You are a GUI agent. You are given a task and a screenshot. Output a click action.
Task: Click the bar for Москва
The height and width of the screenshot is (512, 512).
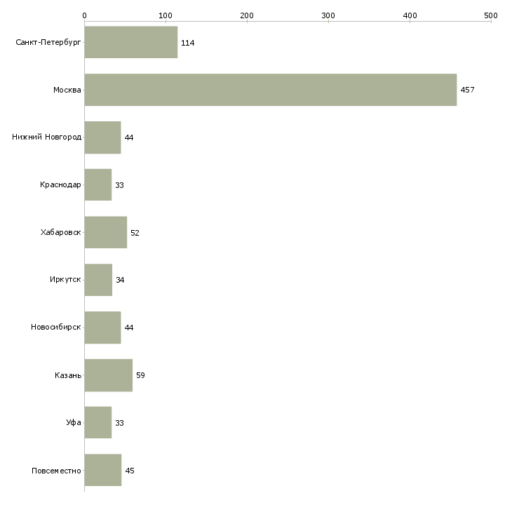pos(270,90)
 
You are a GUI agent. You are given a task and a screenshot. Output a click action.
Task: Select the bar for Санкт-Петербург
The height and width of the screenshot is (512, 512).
pos(130,43)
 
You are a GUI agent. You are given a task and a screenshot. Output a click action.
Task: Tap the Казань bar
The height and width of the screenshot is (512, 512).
pos(108,375)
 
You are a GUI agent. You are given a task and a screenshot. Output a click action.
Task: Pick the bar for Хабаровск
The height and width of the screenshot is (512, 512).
pos(105,232)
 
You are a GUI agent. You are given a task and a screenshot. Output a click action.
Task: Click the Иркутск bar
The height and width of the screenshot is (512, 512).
pos(98,280)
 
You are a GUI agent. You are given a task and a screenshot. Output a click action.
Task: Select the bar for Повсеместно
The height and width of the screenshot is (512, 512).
pos(102,470)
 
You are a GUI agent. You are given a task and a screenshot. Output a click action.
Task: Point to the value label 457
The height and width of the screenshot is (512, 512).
pos(467,90)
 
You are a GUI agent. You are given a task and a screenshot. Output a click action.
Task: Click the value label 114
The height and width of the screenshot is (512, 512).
pos(187,43)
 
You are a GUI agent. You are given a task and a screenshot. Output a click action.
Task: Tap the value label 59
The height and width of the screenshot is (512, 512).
pos(140,376)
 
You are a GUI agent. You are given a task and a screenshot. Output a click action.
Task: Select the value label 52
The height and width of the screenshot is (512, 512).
pos(135,233)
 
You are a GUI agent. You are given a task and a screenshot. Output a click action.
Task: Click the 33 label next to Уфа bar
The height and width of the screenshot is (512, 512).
pos(119,424)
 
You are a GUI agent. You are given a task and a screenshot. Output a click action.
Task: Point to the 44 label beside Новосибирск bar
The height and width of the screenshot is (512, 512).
pos(128,328)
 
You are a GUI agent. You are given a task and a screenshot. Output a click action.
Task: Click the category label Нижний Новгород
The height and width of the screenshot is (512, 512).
pos(46,137)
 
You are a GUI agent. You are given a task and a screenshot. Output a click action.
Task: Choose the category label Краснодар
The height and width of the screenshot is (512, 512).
pos(60,185)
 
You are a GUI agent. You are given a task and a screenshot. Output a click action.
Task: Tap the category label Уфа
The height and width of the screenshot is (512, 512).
pos(74,423)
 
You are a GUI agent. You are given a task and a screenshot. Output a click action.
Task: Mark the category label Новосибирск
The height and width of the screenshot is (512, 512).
pos(55,328)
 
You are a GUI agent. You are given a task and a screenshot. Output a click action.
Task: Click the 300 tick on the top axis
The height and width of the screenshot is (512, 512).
pos(328,15)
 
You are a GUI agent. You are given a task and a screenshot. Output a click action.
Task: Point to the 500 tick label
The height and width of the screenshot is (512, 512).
pos(490,15)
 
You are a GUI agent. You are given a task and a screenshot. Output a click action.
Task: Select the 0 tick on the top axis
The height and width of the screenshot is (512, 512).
pos(84,15)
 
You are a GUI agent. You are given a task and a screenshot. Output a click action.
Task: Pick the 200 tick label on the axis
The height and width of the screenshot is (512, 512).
pos(247,15)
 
